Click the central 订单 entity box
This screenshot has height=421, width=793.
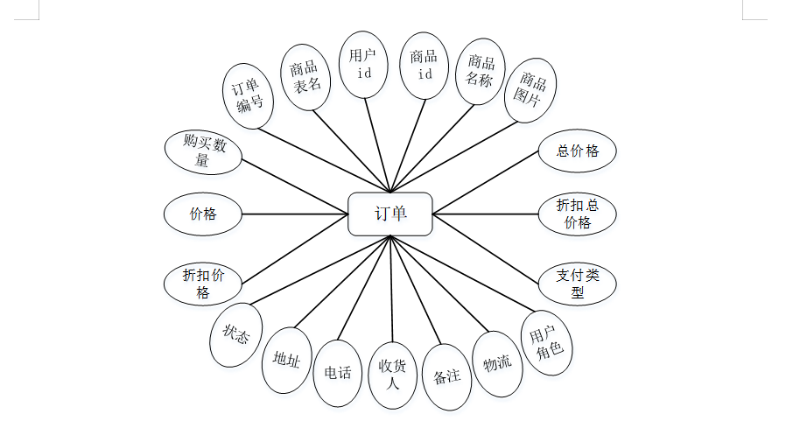[390, 214]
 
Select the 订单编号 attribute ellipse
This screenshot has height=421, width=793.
[248, 96]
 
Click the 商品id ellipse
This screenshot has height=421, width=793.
[425, 64]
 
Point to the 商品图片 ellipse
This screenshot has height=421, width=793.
[531, 91]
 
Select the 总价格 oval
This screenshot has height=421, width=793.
[577, 151]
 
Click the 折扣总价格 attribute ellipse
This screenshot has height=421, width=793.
[577, 214]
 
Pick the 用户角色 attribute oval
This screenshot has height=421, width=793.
[546, 344]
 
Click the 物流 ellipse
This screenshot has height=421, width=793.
[497, 363]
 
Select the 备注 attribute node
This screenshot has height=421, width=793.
[446, 376]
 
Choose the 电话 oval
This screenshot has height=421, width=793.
[337, 373]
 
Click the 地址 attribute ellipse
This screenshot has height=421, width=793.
[286, 359]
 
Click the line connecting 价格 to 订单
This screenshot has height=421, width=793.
[295, 214]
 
